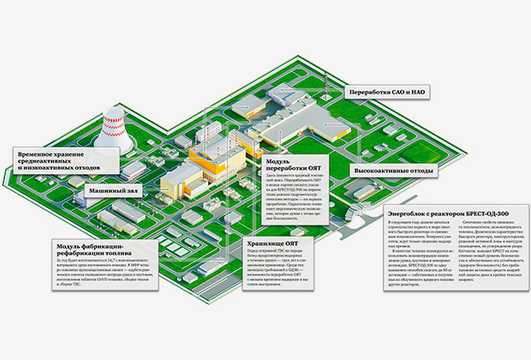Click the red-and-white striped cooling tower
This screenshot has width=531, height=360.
[x=116, y=120]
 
